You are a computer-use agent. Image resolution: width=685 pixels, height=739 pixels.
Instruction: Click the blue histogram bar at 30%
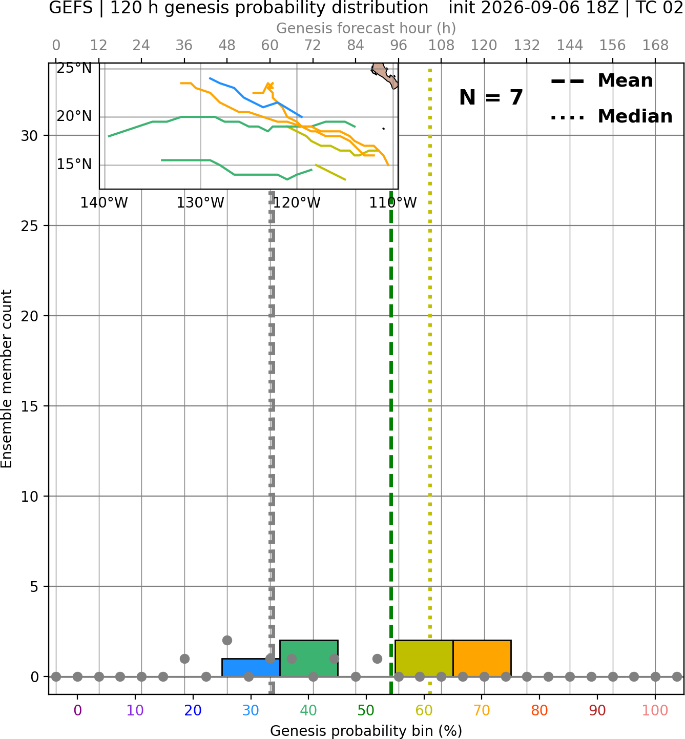coord(251,668)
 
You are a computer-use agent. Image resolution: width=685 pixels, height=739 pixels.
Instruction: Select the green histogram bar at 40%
coord(309,659)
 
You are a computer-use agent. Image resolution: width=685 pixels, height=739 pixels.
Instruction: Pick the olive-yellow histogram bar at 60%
coord(424,659)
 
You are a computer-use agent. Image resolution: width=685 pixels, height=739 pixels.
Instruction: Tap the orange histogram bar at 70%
coord(482,659)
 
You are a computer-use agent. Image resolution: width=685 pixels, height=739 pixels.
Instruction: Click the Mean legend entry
coord(602,81)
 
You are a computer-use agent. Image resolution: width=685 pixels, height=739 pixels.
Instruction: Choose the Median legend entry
coord(612,116)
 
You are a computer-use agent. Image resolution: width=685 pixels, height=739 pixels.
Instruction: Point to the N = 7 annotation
coord(491,97)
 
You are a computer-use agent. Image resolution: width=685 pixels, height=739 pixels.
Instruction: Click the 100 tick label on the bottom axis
coord(655,710)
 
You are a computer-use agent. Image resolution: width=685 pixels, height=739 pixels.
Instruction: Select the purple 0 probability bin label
coord(77,710)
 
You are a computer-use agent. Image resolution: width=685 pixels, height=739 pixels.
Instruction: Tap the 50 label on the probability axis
coord(366,710)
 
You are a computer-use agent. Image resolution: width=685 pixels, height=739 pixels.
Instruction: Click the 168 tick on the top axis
coord(655,46)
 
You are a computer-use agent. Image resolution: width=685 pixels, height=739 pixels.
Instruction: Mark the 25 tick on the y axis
coord(30,226)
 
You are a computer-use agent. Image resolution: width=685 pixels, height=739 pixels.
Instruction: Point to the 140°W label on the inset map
coord(104,203)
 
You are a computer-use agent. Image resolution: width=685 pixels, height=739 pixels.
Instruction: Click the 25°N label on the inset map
coord(74,69)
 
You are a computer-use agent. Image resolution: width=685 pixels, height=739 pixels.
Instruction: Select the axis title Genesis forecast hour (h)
coord(366,28)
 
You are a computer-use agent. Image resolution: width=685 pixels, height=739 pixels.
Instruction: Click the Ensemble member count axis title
coord(7,379)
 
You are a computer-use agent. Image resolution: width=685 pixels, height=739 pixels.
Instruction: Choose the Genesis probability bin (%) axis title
coord(366,731)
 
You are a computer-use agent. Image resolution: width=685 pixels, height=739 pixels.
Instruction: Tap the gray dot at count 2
coord(227,641)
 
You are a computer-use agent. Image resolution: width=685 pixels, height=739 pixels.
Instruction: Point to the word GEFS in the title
coord(71,8)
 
